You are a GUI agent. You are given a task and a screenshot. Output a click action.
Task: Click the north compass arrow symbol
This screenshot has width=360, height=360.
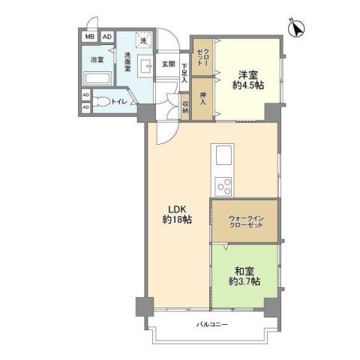(x=297, y=29)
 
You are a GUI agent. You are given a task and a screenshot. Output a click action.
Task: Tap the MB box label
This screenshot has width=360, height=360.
(x=89, y=36)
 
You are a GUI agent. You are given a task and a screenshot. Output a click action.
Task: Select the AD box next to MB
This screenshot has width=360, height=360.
(x=106, y=36)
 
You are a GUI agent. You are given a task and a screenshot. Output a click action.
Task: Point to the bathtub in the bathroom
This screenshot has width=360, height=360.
(x=97, y=78)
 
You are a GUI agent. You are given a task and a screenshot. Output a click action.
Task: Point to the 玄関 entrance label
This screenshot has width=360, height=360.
(x=168, y=64)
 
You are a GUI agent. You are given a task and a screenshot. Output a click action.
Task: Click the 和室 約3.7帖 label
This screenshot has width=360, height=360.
(x=244, y=275)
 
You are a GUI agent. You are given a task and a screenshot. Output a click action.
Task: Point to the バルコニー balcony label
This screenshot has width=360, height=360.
(x=212, y=324)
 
